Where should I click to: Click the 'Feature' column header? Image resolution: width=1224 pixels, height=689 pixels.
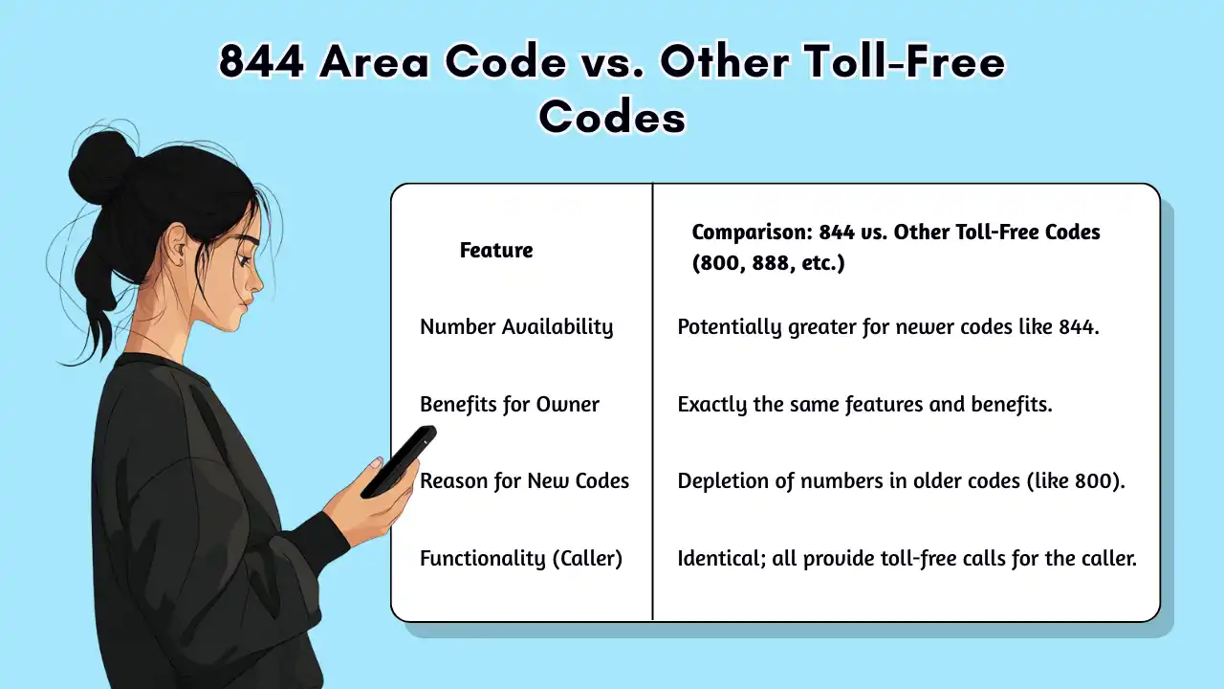pos(495,251)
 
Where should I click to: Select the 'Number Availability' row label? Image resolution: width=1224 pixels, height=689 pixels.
pos(516,327)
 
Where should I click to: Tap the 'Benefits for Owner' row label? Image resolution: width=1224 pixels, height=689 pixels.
pos(510,405)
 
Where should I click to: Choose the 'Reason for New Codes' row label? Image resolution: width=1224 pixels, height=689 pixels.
pos(525,481)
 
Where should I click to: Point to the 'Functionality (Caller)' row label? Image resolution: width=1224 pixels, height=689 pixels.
pos(521,559)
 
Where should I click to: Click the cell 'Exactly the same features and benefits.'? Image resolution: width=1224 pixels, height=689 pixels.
pos(864,405)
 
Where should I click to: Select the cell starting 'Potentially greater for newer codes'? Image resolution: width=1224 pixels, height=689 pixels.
pos(889,327)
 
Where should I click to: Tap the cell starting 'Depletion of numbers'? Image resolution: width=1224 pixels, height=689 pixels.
pos(901,481)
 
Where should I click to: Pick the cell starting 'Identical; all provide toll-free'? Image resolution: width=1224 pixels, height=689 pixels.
pos(907,559)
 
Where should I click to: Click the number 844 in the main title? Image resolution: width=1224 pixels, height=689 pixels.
pos(260,63)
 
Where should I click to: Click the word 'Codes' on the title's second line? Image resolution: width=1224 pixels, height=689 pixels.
pos(612,117)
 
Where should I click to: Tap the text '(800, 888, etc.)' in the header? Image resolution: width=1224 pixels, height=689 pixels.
pos(768,263)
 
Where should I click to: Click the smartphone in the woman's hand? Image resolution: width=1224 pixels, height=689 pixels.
pos(399,460)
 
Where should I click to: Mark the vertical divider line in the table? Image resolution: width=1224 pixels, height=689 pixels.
pos(652,402)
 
